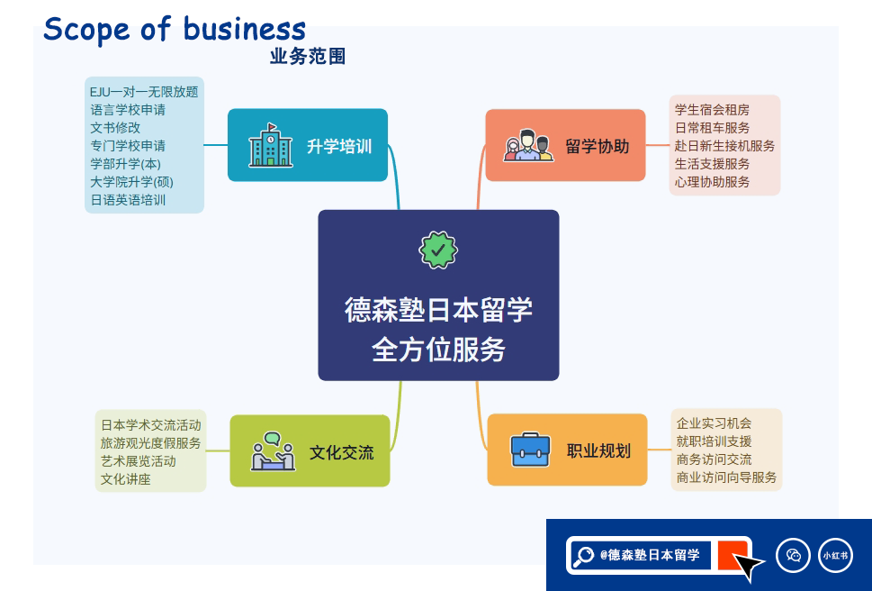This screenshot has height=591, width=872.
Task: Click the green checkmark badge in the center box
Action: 438,250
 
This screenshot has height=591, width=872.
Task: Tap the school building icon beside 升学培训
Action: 270,145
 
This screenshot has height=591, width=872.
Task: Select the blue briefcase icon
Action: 530,450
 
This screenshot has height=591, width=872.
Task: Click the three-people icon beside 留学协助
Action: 528,145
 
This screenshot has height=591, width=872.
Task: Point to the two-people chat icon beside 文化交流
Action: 273,451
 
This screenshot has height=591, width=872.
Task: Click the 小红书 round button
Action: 835,555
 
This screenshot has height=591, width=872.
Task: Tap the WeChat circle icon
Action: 793,555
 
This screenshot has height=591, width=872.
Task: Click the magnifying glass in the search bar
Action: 583,555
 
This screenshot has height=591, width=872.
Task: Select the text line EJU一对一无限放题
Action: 144,92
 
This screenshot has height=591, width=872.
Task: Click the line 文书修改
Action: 116,128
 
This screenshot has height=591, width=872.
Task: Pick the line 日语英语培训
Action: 128,200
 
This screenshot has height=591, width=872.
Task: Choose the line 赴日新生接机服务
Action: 724,146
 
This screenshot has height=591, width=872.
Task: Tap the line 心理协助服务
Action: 713,182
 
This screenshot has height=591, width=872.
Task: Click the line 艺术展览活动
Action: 139,461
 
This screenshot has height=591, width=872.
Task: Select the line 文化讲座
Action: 126,479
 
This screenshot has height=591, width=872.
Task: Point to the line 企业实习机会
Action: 714,423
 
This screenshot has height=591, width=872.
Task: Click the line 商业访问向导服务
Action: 726,477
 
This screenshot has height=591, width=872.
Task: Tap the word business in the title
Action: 244,29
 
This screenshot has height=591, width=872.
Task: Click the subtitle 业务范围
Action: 308,56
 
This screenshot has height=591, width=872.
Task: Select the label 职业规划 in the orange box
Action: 599,450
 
